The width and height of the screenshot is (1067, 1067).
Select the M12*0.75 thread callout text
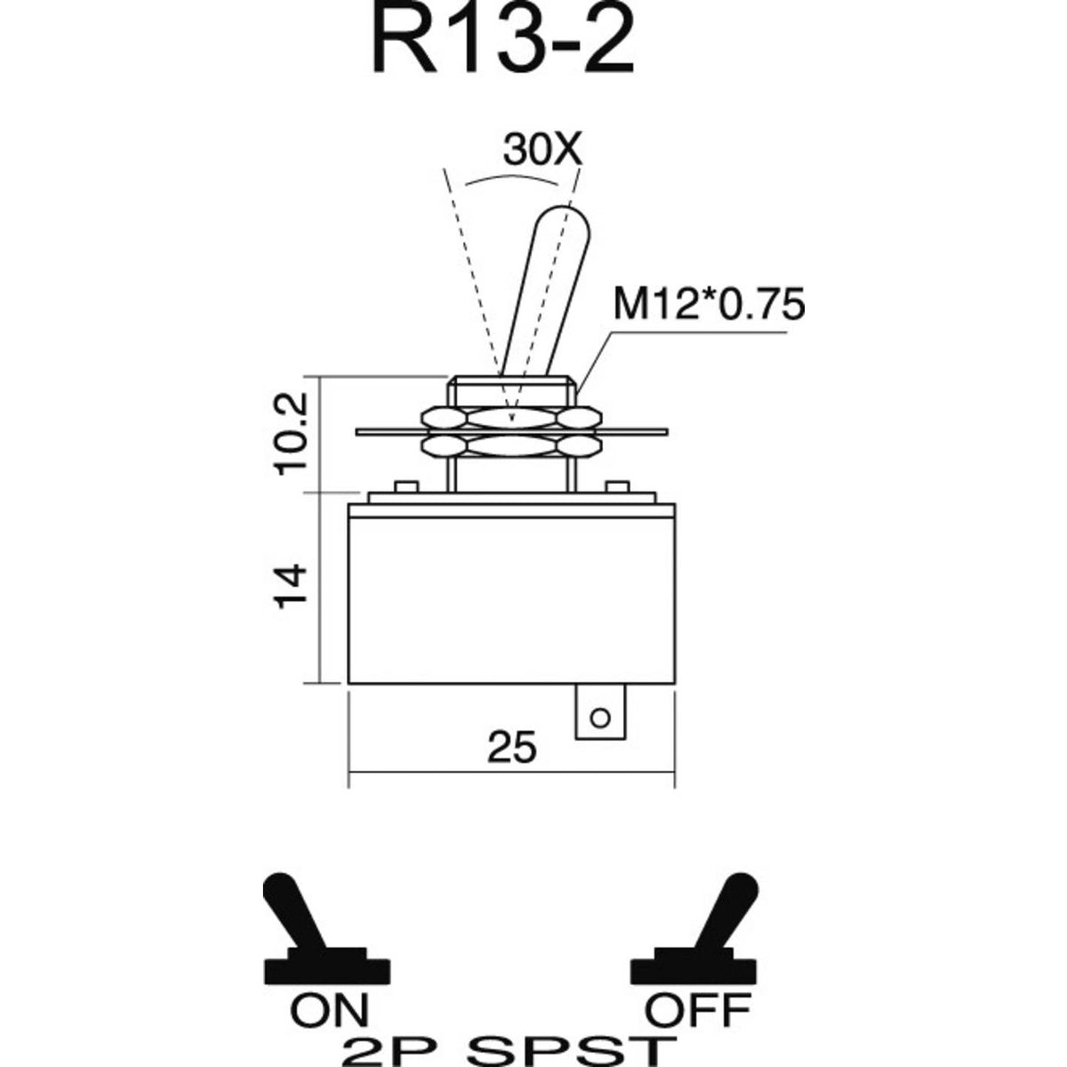pyautogui.click(x=710, y=305)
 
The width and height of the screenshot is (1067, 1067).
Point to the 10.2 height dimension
pyautogui.click(x=292, y=433)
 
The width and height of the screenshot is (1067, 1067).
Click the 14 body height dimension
pyautogui.click(x=292, y=586)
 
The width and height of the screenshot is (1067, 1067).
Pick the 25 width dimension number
pyautogui.click(x=512, y=747)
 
